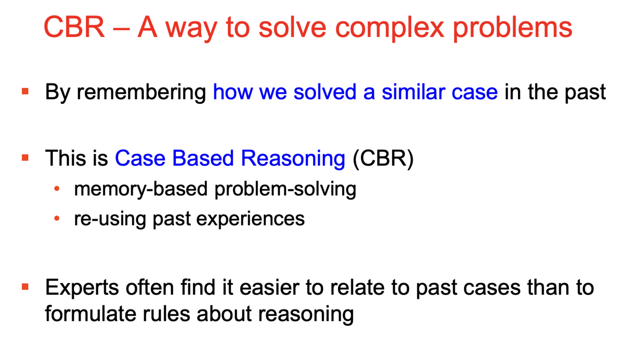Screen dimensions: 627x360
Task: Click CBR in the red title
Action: [74, 27]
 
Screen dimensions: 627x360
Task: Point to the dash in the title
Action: [121, 29]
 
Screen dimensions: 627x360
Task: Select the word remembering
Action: [141, 93]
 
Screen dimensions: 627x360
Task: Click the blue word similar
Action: [413, 92]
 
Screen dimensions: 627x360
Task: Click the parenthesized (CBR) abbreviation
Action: [383, 159]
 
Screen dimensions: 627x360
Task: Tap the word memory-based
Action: [141, 189]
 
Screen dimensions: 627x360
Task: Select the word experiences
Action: [251, 219]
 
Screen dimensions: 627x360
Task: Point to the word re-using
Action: [110, 219]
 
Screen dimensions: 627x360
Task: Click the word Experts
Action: [82, 288]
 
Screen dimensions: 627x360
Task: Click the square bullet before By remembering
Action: [25, 91]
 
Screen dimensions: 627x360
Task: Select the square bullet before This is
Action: [25, 157]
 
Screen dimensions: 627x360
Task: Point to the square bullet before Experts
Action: [25, 287]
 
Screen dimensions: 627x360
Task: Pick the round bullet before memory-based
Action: [57, 188]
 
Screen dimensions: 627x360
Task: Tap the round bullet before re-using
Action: [57, 219]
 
